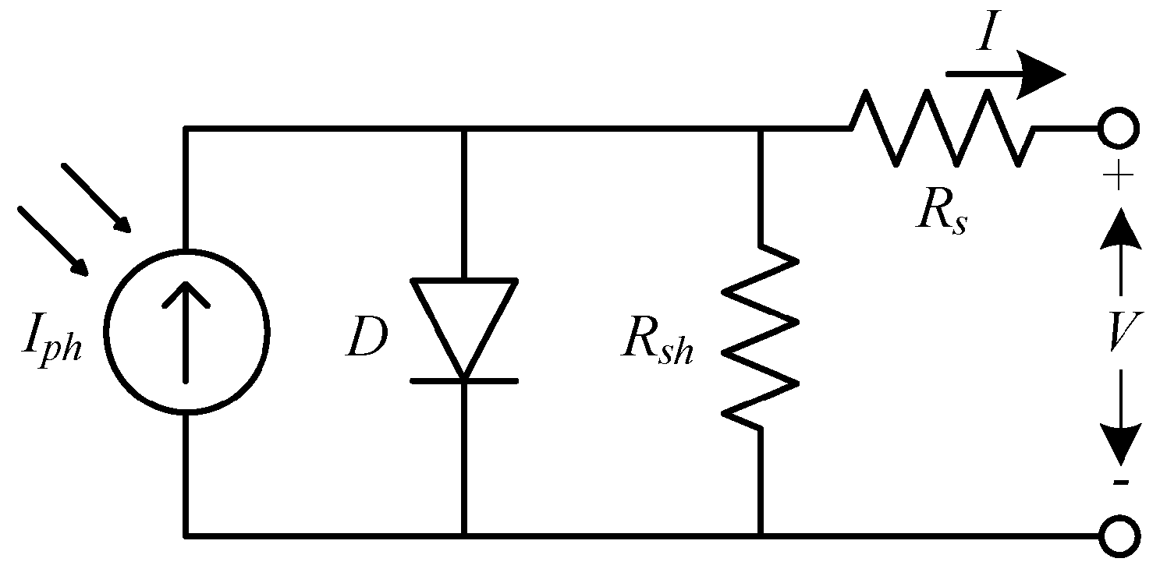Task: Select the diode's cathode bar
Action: (x=464, y=380)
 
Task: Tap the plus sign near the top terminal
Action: (x=1119, y=178)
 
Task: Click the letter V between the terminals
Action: (x=1121, y=334)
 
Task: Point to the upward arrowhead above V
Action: (x=1121, y=230)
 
